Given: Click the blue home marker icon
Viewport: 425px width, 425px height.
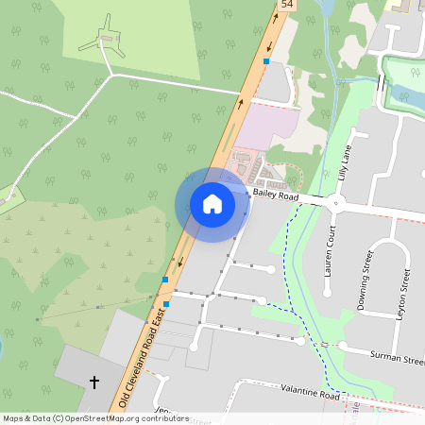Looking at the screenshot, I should pos(212,204).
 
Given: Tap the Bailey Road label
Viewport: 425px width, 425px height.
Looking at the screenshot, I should pos(276,196).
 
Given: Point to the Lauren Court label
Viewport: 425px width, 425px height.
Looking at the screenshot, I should pos(331,249).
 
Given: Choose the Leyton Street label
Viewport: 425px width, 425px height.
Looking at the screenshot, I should pos(406,291).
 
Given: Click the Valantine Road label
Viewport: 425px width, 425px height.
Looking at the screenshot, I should pos(310,392).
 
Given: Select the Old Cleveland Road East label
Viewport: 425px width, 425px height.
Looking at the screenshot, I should pos(145,353).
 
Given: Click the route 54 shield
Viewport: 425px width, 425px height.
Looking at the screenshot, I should pos(287,6).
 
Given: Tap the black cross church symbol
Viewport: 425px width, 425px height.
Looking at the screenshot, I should pos(93,382).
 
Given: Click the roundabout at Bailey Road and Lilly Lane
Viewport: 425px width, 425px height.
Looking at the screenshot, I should pos(334,202).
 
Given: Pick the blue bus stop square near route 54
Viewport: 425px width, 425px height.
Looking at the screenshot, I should pos(266,61).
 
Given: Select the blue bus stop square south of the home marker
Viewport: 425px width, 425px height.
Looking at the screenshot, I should pos(165,280).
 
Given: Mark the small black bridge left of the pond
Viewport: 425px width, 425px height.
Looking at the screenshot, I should pos(381,84).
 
